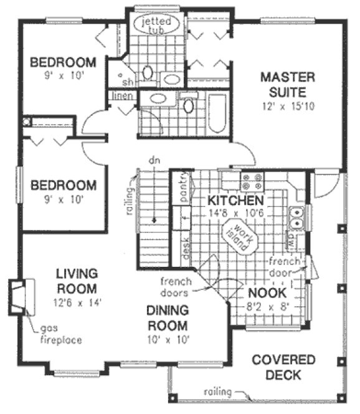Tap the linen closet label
(121, 96)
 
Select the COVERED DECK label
(283, 368)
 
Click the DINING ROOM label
(168, 317)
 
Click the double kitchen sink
(298, 216)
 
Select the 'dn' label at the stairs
(151, 160)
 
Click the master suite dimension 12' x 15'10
(288, 106)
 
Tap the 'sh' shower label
(128, 82)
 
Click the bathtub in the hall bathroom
(216, 113)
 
